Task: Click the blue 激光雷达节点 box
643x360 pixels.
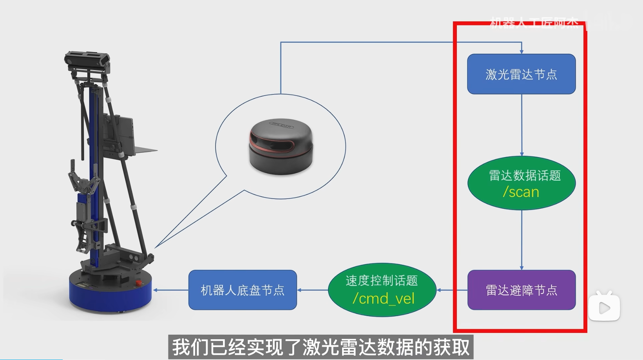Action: click(521, 74)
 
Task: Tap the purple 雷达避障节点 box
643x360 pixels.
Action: click(521, 290)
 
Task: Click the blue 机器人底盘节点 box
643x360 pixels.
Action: click(243, 290)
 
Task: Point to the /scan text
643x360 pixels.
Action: click(521, 192)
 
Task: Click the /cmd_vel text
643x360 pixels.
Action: click(383, 299)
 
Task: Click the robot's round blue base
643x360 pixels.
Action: click(110, 294)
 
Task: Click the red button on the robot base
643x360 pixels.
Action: click(138, 282)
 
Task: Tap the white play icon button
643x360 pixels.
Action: click(604, 308)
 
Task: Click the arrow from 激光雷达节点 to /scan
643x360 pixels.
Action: click(522, 125)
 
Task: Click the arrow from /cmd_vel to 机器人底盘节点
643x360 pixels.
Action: click(312, 290)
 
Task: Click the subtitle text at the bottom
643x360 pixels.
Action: click(321, 347)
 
